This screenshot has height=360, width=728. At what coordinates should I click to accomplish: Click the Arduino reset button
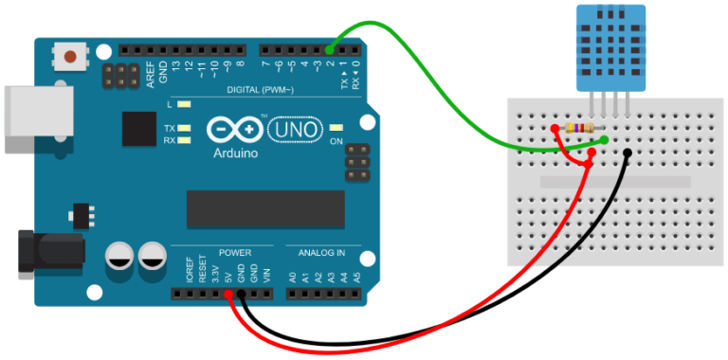pos(70,57)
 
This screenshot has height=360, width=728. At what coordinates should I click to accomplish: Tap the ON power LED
pos(336,128)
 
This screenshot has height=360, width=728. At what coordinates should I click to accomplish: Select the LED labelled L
pos(184,104)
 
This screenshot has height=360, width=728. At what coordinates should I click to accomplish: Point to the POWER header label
pos(234,253)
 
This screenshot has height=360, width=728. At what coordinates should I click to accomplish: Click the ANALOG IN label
pos(322,253)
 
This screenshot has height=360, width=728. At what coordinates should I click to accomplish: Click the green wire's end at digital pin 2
pos(330,49)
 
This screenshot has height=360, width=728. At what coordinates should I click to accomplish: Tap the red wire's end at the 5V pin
pos(229,295)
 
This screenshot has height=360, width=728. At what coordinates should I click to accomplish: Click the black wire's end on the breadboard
pos(628,153)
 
